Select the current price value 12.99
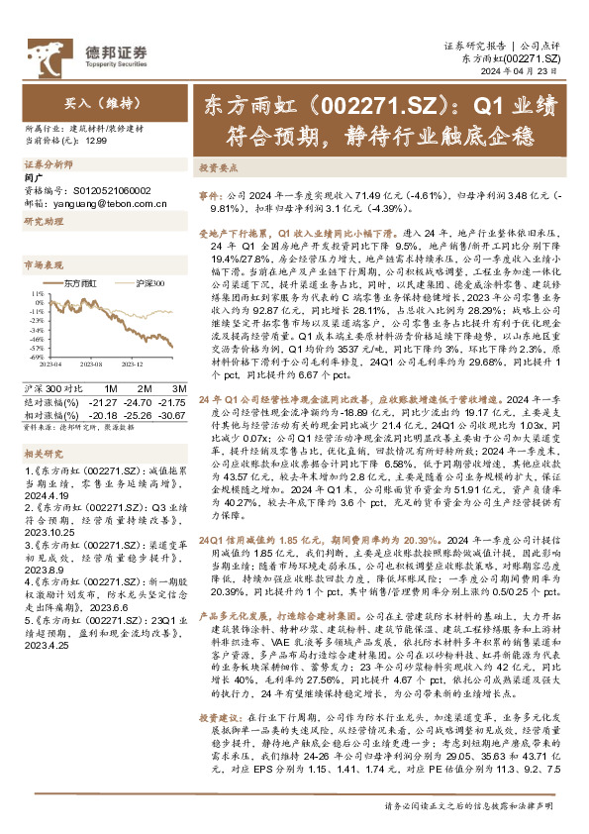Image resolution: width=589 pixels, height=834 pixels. point(96,142)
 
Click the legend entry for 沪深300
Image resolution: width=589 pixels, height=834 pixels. point(146,283)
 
